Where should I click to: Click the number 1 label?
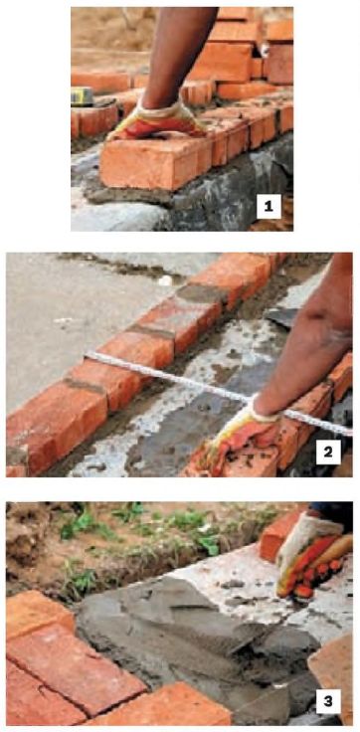[269, 207]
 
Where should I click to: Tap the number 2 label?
[328, 452]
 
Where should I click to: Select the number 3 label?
[328, 701]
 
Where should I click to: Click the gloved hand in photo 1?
[154, 122]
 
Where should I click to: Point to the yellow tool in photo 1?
[82, 96]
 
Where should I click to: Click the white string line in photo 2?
[219, 391]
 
